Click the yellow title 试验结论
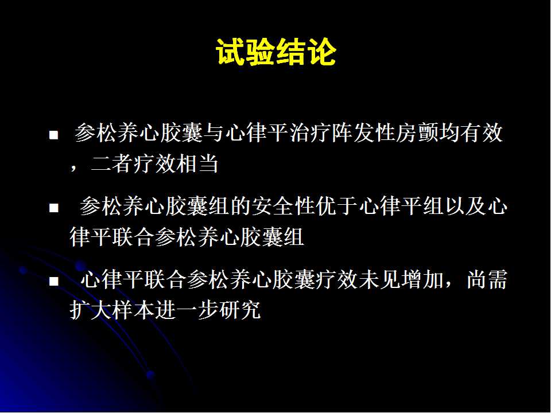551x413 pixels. pos(276,52)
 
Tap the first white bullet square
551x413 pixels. pos(54,135)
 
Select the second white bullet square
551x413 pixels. pos(54,208)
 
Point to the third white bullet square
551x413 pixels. pos(54,281)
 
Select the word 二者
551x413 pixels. pos(112,163)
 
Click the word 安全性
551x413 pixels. pos(283,206)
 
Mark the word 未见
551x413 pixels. pos(379,279)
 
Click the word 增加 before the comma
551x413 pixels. pos(422,279)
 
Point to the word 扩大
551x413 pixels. pos(91,310)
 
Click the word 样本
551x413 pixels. pos(134,310)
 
